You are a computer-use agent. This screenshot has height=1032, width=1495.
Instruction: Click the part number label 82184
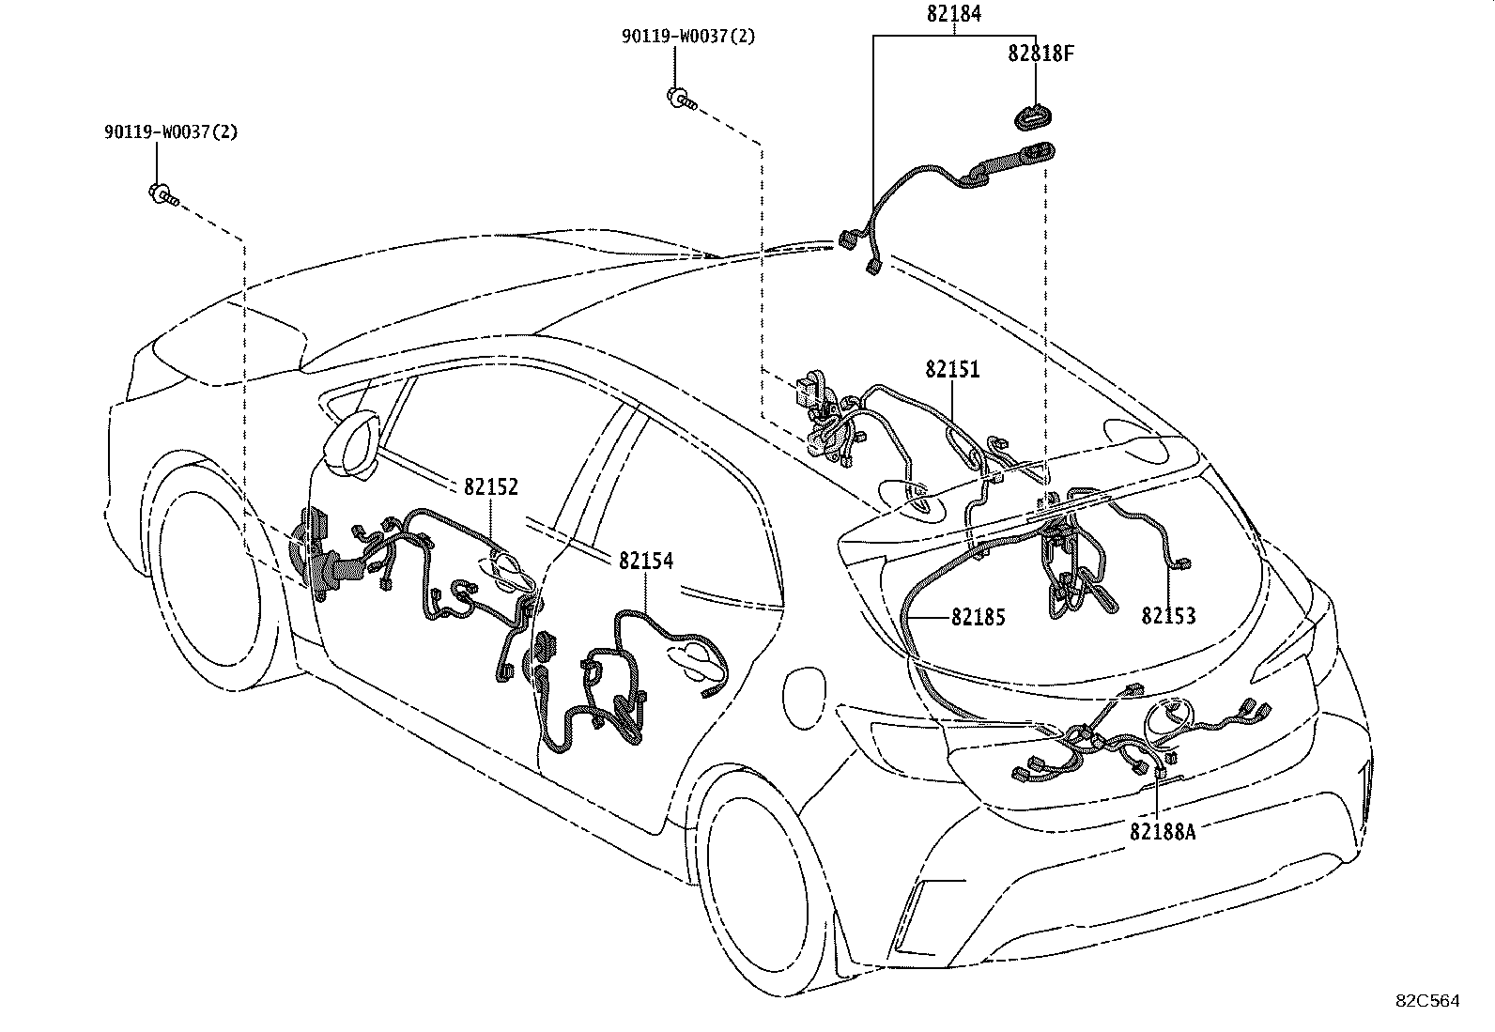954,14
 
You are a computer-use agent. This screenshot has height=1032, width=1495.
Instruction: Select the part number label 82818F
1040,54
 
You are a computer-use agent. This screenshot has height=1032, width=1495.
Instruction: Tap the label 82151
952,369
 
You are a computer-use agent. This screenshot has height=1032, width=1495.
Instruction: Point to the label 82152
490,486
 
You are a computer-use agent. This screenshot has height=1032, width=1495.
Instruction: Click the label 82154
645,561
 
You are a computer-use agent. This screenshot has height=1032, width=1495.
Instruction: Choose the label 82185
978,617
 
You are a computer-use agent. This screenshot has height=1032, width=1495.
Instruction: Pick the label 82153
1168,616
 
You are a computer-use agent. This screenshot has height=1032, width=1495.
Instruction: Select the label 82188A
1163,831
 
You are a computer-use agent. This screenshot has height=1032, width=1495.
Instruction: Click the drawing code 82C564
1427,1001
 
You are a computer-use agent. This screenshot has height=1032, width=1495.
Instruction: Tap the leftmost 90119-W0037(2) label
171,132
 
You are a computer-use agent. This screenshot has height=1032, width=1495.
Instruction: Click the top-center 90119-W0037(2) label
687,37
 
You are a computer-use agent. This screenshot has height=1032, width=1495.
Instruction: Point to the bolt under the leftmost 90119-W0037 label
162,195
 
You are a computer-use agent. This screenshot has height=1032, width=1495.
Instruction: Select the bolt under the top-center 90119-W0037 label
681,98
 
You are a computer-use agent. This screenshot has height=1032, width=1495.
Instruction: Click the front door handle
507,573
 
